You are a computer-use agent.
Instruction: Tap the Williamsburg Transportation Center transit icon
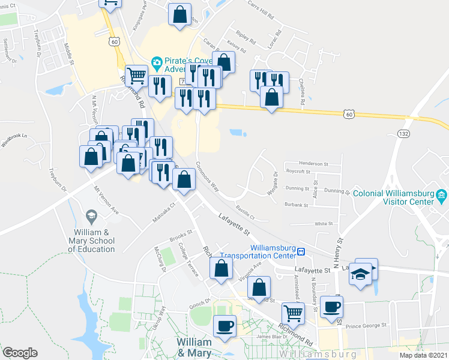coord(301,251)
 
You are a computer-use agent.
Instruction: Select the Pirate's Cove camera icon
coord(157,62)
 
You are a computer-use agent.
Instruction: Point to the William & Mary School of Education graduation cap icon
coord(91,215)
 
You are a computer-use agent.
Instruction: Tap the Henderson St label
coord(315,163)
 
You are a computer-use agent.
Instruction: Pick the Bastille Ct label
coord(244,214)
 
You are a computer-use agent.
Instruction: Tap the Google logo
coord(20,353)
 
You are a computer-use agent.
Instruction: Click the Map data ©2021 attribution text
coord(423,355)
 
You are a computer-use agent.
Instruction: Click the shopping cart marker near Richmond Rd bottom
coord(293,312)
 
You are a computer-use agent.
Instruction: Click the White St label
coord(324,224)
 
